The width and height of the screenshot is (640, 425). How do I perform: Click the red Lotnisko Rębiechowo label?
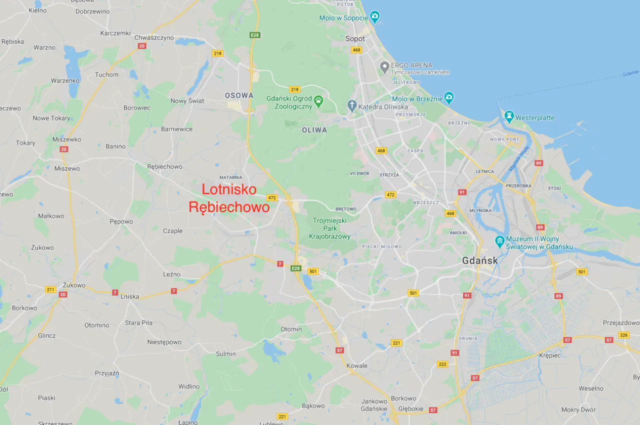pyautogui.click(x=228, y=198)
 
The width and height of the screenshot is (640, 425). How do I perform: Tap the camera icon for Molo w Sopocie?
pyautogui.click(x=375, y=18)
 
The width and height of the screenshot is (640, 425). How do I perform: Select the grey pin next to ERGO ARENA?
pyautogui.click(x=384, y=66)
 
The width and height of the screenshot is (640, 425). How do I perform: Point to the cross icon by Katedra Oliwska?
pyautogui.click(x=352, y=106)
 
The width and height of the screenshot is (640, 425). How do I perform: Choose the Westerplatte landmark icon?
pyautogui.click(x=509, y=117)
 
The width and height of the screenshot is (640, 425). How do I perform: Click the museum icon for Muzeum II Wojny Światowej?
pyautogui.click(x=499, y=242)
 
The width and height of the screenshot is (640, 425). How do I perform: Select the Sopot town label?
pyautogui.click(x=355, y=38)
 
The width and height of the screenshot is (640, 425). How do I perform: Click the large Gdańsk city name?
pyautogui.click(x=480, y=260)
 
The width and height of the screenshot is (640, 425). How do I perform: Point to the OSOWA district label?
pyautogui.click(x=239, y=95)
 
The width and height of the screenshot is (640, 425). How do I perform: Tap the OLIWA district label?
pyautogui.click(x=314, y=130)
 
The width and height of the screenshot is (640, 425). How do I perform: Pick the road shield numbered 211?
pyautogui.click(x=50, y=289)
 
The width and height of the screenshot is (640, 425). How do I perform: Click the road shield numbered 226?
pyautogui.click(x=623, y=335)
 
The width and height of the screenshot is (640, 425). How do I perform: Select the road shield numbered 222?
pyautogui.click(x=442, y=364)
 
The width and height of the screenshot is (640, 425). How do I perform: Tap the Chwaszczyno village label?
pyautogui.click(x=154, y=37)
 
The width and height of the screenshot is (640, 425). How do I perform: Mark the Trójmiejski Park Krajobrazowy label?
pyautogui.click(x=330, y=228)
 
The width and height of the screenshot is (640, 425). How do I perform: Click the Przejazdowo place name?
pyautogui.click(x=621, y=322)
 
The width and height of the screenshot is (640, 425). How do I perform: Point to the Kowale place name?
pyautogui.click(x=357, y=365)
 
